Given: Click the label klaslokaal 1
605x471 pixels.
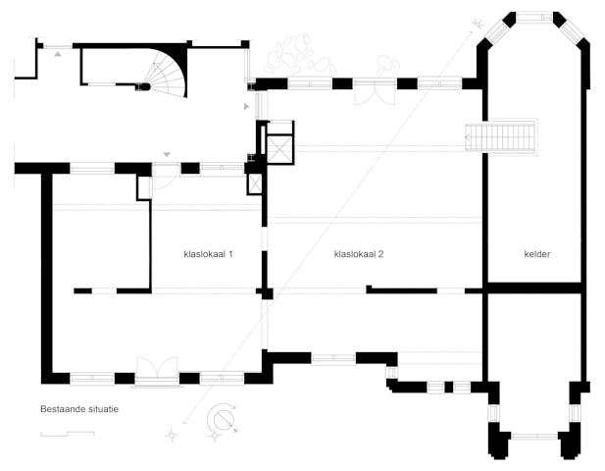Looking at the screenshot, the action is pos(208,254).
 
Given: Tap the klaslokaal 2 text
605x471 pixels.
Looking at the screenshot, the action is pos(359,254).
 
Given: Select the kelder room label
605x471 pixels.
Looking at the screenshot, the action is pos(537,254).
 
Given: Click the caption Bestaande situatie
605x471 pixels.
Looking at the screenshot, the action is pos(79,409).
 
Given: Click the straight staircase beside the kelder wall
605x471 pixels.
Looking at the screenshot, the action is pos(501,137).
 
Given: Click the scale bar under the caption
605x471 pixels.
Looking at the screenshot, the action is pos(67,434).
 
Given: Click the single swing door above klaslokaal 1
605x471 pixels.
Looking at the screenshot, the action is pos(165,177).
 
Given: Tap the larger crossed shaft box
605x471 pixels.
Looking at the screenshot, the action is pos(280,148).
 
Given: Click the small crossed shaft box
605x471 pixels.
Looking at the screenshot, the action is pos(255,183).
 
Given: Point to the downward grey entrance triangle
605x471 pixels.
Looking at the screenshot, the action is pos(167,154).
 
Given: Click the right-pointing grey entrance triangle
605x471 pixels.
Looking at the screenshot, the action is pos(246,106).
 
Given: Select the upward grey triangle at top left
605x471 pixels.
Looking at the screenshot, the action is pos(58,54).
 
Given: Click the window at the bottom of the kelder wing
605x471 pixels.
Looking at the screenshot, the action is pos(534,436).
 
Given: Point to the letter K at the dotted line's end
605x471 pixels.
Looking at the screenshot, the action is pos(479,24).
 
